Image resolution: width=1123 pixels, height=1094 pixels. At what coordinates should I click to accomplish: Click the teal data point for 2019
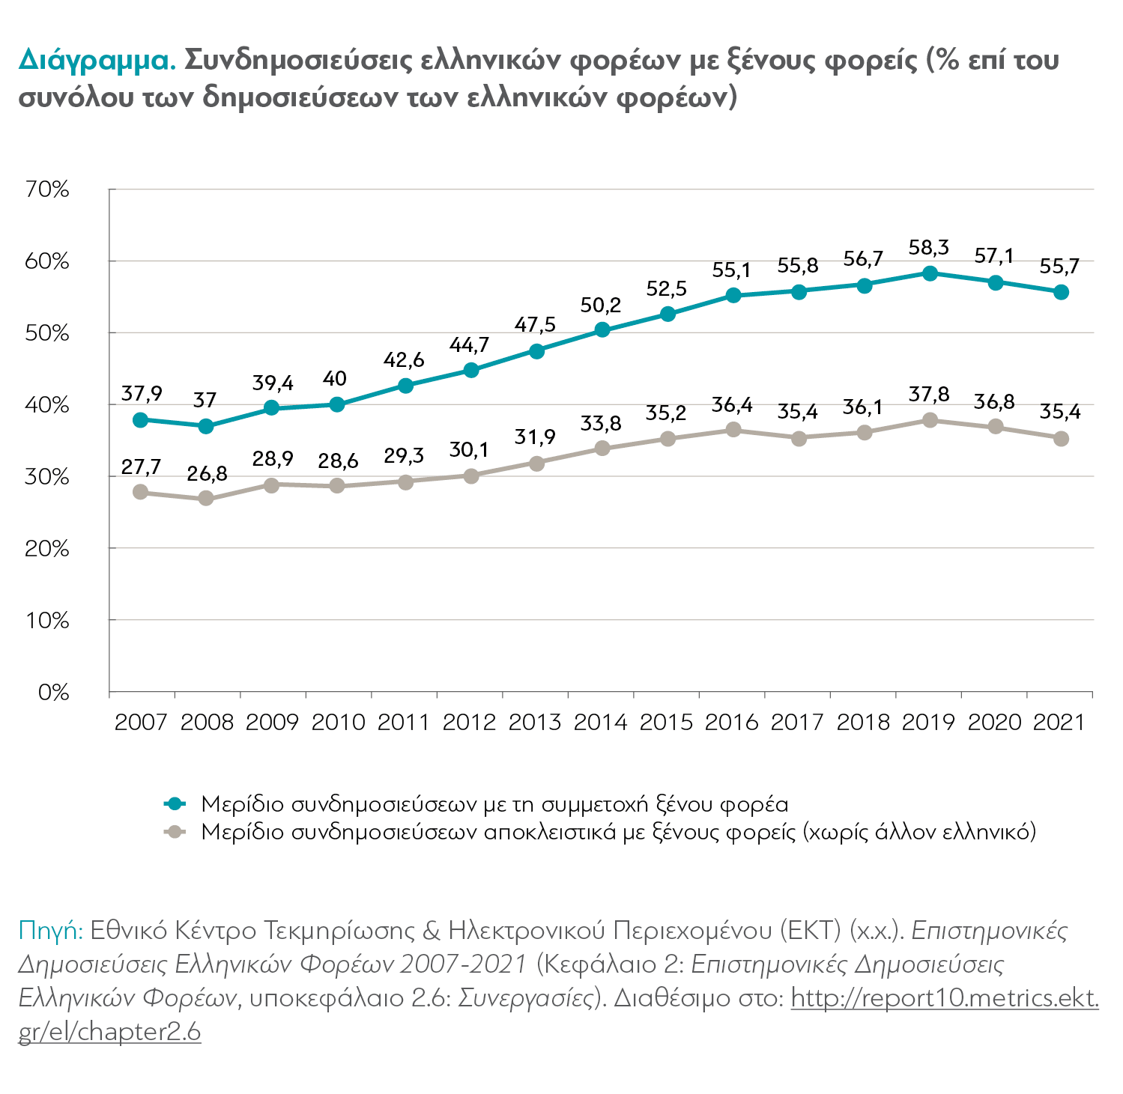point(930,273)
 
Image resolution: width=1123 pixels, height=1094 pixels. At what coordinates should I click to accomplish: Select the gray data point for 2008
point(206,499)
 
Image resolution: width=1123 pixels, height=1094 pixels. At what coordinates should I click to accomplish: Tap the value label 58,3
point(929,247)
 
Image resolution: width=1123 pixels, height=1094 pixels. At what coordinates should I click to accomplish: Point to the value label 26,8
point(206,473)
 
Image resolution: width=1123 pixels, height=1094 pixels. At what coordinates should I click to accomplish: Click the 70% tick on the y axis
point(46,189)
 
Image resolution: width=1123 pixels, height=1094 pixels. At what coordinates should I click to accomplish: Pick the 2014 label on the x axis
point(600,722)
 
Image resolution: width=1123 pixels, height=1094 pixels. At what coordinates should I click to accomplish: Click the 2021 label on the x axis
point(1059,722)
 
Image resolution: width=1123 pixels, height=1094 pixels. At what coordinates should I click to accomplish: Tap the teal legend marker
point(175,803)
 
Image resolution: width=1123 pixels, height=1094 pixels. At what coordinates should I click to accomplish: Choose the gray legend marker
point(175,832)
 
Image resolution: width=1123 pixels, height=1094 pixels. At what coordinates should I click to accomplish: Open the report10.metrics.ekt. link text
point(945,998)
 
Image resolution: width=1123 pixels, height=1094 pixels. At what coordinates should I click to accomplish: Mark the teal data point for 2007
point(140,420)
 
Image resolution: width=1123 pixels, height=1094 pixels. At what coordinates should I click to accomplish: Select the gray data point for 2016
point(733,430)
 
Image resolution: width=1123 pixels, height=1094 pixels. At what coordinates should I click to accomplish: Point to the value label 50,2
point(601,305)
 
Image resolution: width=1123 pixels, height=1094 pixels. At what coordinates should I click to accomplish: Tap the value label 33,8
point(601,424)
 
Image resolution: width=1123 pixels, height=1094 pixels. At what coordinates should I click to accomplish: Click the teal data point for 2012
point(470,370)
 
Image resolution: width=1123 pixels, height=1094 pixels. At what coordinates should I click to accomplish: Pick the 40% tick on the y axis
point(46,405)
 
